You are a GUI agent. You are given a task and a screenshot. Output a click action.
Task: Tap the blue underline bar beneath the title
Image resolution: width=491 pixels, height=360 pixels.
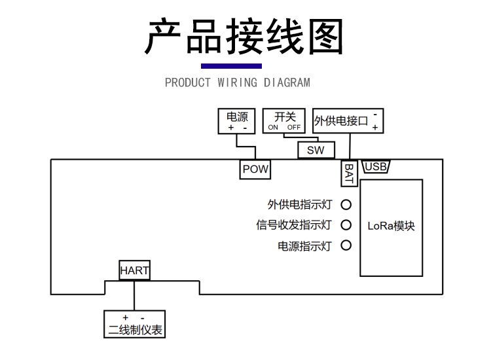coord(231,65)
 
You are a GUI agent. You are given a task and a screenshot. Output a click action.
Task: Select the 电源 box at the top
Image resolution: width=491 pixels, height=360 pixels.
coord(236,121)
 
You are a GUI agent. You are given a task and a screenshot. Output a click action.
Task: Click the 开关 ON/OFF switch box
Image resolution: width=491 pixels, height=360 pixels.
coord(284,121)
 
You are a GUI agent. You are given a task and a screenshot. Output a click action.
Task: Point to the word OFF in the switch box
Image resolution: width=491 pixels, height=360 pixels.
coord(293,128)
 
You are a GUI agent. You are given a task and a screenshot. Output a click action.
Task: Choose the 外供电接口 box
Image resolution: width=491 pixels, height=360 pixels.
coord(348,121)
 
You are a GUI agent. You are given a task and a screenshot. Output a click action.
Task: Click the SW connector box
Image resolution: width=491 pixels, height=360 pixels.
coord(316,150)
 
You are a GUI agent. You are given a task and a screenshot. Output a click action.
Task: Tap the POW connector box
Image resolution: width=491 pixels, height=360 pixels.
coord(255,169)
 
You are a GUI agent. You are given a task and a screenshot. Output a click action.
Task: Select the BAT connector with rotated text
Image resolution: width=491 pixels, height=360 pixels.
coord(350,173)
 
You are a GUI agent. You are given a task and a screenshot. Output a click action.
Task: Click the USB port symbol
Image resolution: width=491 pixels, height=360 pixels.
coord(376,167)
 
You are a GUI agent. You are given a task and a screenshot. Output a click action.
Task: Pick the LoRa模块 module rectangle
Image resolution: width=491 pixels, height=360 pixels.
coord(391,226)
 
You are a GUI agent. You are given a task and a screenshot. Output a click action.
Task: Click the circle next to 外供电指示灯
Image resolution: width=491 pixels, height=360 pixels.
coord(346,205)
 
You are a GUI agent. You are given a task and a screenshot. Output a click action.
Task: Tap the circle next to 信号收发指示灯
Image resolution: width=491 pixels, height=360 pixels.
coord(346,225)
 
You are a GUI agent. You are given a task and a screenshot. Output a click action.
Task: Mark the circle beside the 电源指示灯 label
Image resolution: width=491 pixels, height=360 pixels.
coord(346,246)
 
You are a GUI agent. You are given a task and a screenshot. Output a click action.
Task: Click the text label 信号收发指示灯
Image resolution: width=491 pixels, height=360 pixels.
coord(294,225)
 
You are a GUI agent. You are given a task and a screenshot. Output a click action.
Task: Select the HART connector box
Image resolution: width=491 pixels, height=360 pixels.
coord(134,270)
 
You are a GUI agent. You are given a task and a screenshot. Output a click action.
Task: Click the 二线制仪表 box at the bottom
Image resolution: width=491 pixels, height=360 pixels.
coord(134,325)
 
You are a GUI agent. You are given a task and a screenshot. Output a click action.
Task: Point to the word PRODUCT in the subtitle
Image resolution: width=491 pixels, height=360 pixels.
coord(188,83)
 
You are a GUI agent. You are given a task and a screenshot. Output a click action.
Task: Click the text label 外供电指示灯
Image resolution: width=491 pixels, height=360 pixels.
coord(300,205)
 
